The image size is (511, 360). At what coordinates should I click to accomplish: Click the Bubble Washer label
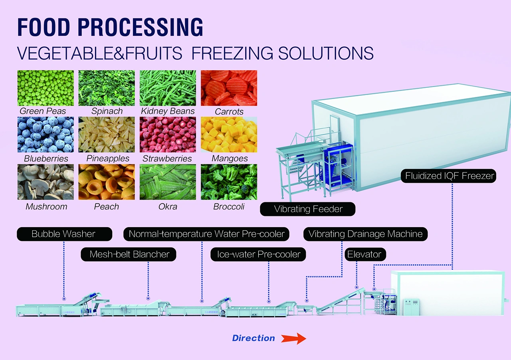[x=64, y=234]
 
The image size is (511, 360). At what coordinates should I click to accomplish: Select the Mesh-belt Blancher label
[x=129, y=254]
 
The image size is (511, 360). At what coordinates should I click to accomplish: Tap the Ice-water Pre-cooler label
[x=258, y=254]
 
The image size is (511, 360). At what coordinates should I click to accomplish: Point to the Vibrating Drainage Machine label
[x=365, y=234]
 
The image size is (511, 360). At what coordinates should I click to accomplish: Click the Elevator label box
[x=364, y=254]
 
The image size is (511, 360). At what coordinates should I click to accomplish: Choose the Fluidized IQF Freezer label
[x=450, y=176]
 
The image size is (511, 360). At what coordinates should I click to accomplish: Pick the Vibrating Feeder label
[x=308, y=209]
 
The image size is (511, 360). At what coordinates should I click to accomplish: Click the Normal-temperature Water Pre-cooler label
[x=206, y=234]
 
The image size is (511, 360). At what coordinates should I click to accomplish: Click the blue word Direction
[x=254, y=338]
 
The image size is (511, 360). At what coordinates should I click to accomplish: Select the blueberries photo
[x=46, y=135]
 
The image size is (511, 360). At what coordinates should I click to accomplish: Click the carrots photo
[x=229, y=88]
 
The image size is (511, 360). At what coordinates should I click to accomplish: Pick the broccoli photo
[x=229, y=182]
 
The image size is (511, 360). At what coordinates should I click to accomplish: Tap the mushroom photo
[x=46, y=182]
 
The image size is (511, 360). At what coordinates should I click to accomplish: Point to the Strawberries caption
[x=167, y=158]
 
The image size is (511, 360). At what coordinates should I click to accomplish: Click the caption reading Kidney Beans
[x=168, y=111]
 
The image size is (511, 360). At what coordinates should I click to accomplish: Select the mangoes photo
[x=229, y=135]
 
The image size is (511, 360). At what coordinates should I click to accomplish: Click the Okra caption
[x=168, y=206]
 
